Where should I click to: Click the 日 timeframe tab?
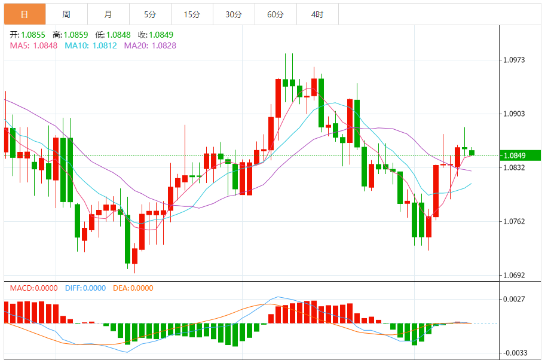tap(24, 14)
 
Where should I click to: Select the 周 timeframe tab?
tap(66, 14)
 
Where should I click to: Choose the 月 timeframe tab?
tap(108, 14)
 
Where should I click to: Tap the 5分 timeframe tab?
tap(149, 14)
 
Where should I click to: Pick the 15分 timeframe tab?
tap(191, 14)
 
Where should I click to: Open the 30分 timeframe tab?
tap(233, 14)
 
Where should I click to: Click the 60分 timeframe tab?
tap(275, 14)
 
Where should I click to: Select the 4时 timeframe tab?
tap(317, 14)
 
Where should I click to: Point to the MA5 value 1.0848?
tap(45, 45)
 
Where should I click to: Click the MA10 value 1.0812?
tap(105, 45)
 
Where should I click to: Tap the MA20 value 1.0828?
tap(164, 45)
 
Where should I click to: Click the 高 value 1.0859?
tap(75, 35)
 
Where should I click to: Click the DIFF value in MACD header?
tap(94, 288)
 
